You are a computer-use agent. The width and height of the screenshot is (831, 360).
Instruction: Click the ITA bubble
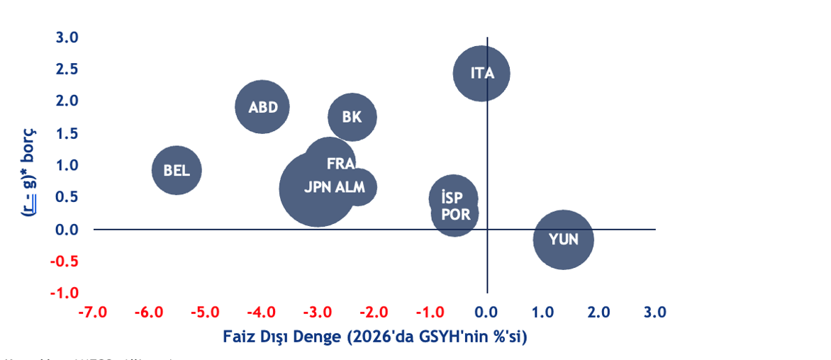tap(481, 73)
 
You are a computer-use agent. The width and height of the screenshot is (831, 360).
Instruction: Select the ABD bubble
tap(262, 107)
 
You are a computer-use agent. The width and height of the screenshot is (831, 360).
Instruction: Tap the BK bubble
tap(352, 117)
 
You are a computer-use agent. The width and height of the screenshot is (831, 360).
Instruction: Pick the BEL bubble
tap(177, 170)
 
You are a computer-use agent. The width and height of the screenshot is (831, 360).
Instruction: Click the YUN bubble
tap(563, 240)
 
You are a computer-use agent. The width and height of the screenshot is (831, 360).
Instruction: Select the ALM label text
tap(350, 187)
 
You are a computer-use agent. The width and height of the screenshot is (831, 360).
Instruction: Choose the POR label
tap(455, 214)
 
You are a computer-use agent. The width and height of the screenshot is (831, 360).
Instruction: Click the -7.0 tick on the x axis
tap(93, 313)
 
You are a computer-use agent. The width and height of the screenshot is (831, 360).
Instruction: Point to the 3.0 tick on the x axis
tap(654, 313)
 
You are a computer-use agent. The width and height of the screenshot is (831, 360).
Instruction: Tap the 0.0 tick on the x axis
tap(486, 313)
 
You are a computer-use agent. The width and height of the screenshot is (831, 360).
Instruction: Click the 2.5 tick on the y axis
tap(67, 69)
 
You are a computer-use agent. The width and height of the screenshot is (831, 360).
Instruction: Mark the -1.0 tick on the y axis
tap(65, 293)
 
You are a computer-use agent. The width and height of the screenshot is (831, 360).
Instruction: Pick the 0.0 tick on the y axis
tap(67, 230)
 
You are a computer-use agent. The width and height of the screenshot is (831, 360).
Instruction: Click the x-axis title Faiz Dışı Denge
tap(375, 336)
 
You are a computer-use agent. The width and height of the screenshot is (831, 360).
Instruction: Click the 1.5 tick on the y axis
tap(67, 133)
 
